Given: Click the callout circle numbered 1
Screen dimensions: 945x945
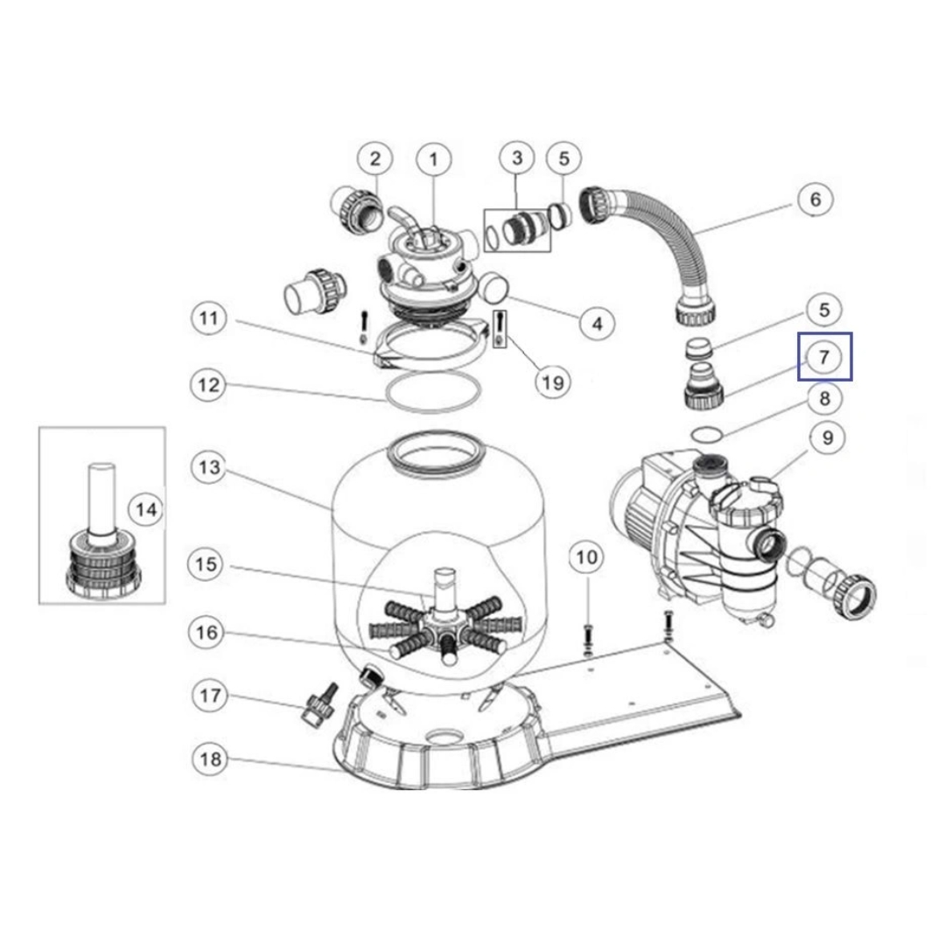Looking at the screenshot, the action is [434, 160].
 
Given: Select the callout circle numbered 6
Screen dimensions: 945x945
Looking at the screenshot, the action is [815, 199].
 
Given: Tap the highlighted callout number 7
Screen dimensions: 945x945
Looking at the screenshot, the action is [824, 357].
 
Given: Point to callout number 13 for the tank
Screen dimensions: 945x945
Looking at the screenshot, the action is [210, 467].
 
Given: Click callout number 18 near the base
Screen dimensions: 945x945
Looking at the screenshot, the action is [210, 759].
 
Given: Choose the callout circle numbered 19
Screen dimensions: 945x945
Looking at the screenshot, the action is [553, 382].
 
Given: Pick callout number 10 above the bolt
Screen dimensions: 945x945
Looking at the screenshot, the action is [587, 557].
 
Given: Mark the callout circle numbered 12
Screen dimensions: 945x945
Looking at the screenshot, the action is [208, 384].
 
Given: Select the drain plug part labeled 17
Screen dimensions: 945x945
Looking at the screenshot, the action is [318, 705].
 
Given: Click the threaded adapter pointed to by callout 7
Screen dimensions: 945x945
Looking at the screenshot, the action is [703, 388].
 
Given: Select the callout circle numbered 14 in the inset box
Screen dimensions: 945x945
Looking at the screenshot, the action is [146, 510].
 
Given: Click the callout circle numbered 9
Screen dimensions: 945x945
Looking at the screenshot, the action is [827, 438].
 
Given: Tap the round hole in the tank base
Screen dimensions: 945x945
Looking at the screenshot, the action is [444, 737].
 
